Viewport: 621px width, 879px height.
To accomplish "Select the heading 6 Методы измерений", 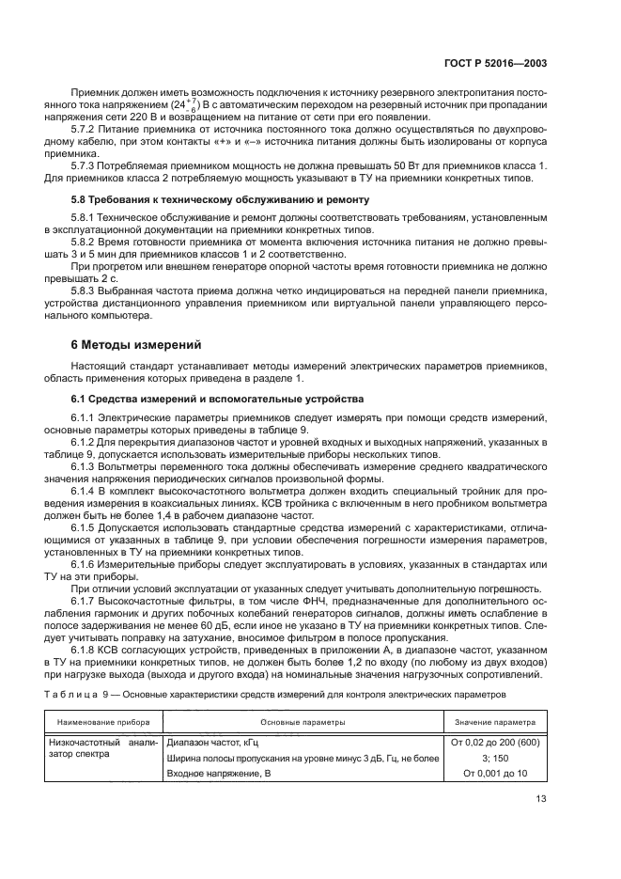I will (135, 345).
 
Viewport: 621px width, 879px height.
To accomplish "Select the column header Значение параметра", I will (495, 723).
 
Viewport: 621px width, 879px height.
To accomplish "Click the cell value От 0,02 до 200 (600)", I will (495, 743).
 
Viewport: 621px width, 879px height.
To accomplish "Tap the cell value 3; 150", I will (495, 758).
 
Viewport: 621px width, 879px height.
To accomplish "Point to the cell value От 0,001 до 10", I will (495, 773).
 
